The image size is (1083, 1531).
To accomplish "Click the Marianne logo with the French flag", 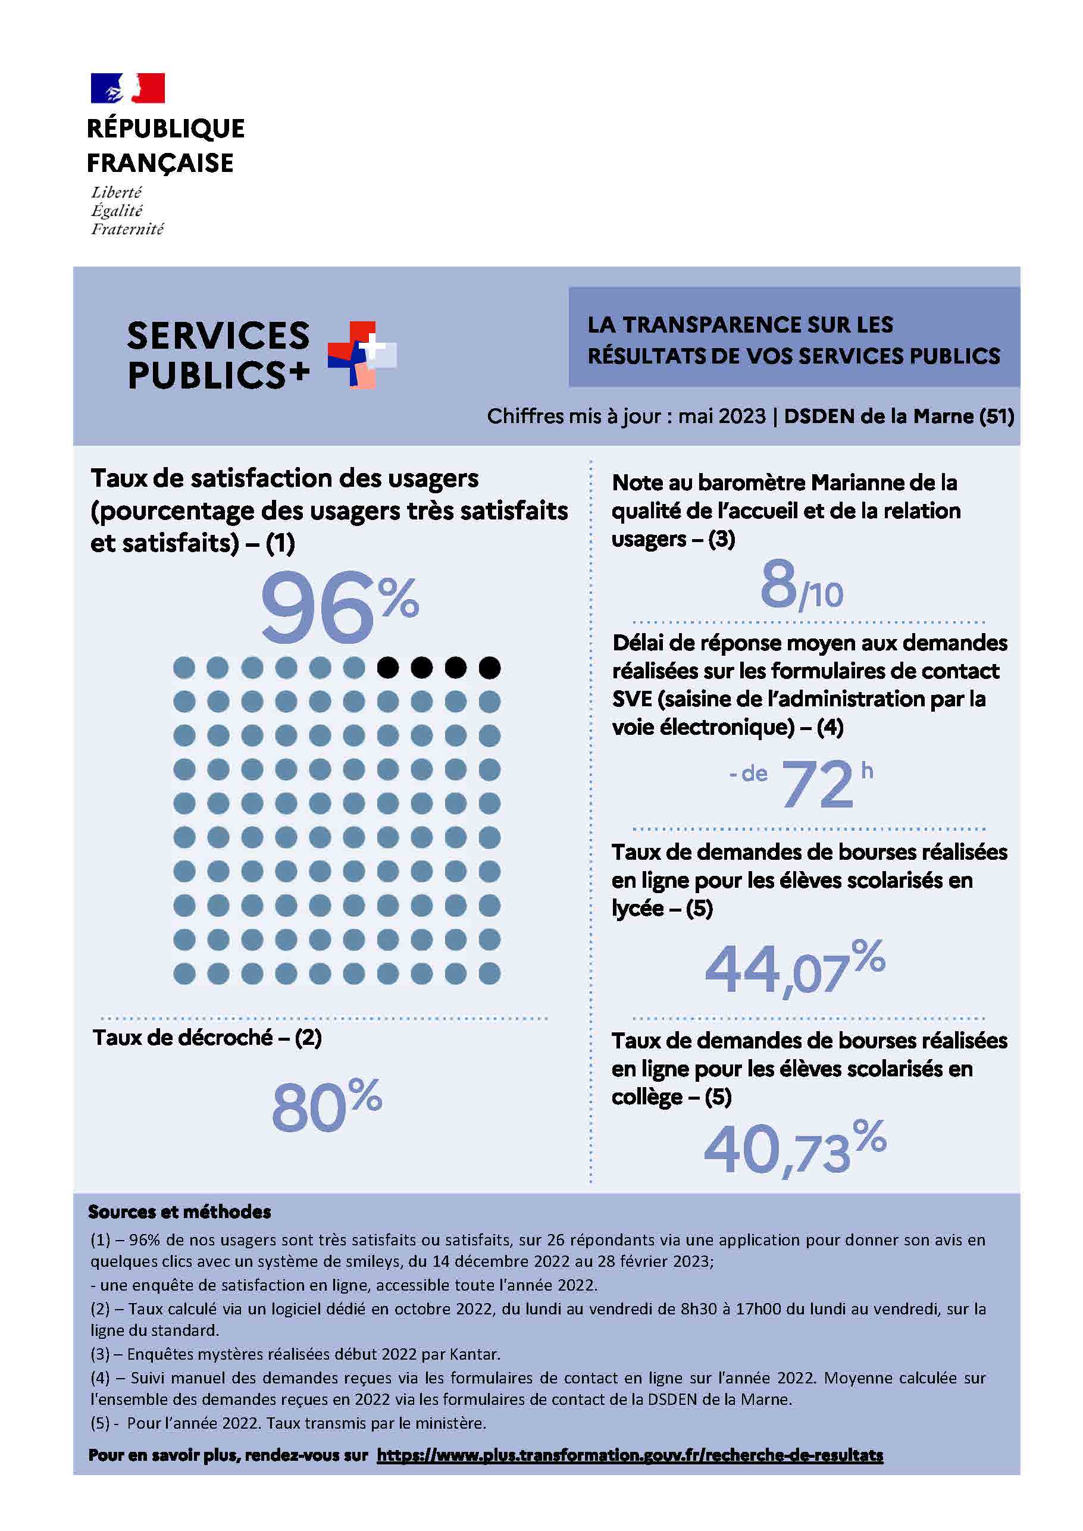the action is pyautogui.click(x=127, y=88).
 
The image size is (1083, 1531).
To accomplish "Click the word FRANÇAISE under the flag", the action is pyautogui.click(x=160, y=162).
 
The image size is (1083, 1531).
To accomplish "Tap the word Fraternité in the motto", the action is pyautogui.click(x=127, y=230).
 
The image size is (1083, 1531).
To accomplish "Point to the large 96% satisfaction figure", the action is pyautogui.click(x=339, y=607).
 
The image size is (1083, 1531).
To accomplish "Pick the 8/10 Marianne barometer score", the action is pyautogui.click(x=802, y=586).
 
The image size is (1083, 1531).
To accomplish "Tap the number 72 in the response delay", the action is pyautogui.click(x=818, y=785).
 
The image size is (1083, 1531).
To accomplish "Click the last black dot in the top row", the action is pyautogui.click(x=490, y=668).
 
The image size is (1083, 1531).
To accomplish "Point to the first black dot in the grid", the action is pyautogui.click(x=388, y=668).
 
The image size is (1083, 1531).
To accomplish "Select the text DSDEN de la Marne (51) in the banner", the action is pyautogui.click(x=899, y=416).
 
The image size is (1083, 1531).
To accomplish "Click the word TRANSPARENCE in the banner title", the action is pyautogui.click(x=712, y=325).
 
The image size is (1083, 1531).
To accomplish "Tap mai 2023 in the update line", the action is pyautogui.click(x=722, y=416).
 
